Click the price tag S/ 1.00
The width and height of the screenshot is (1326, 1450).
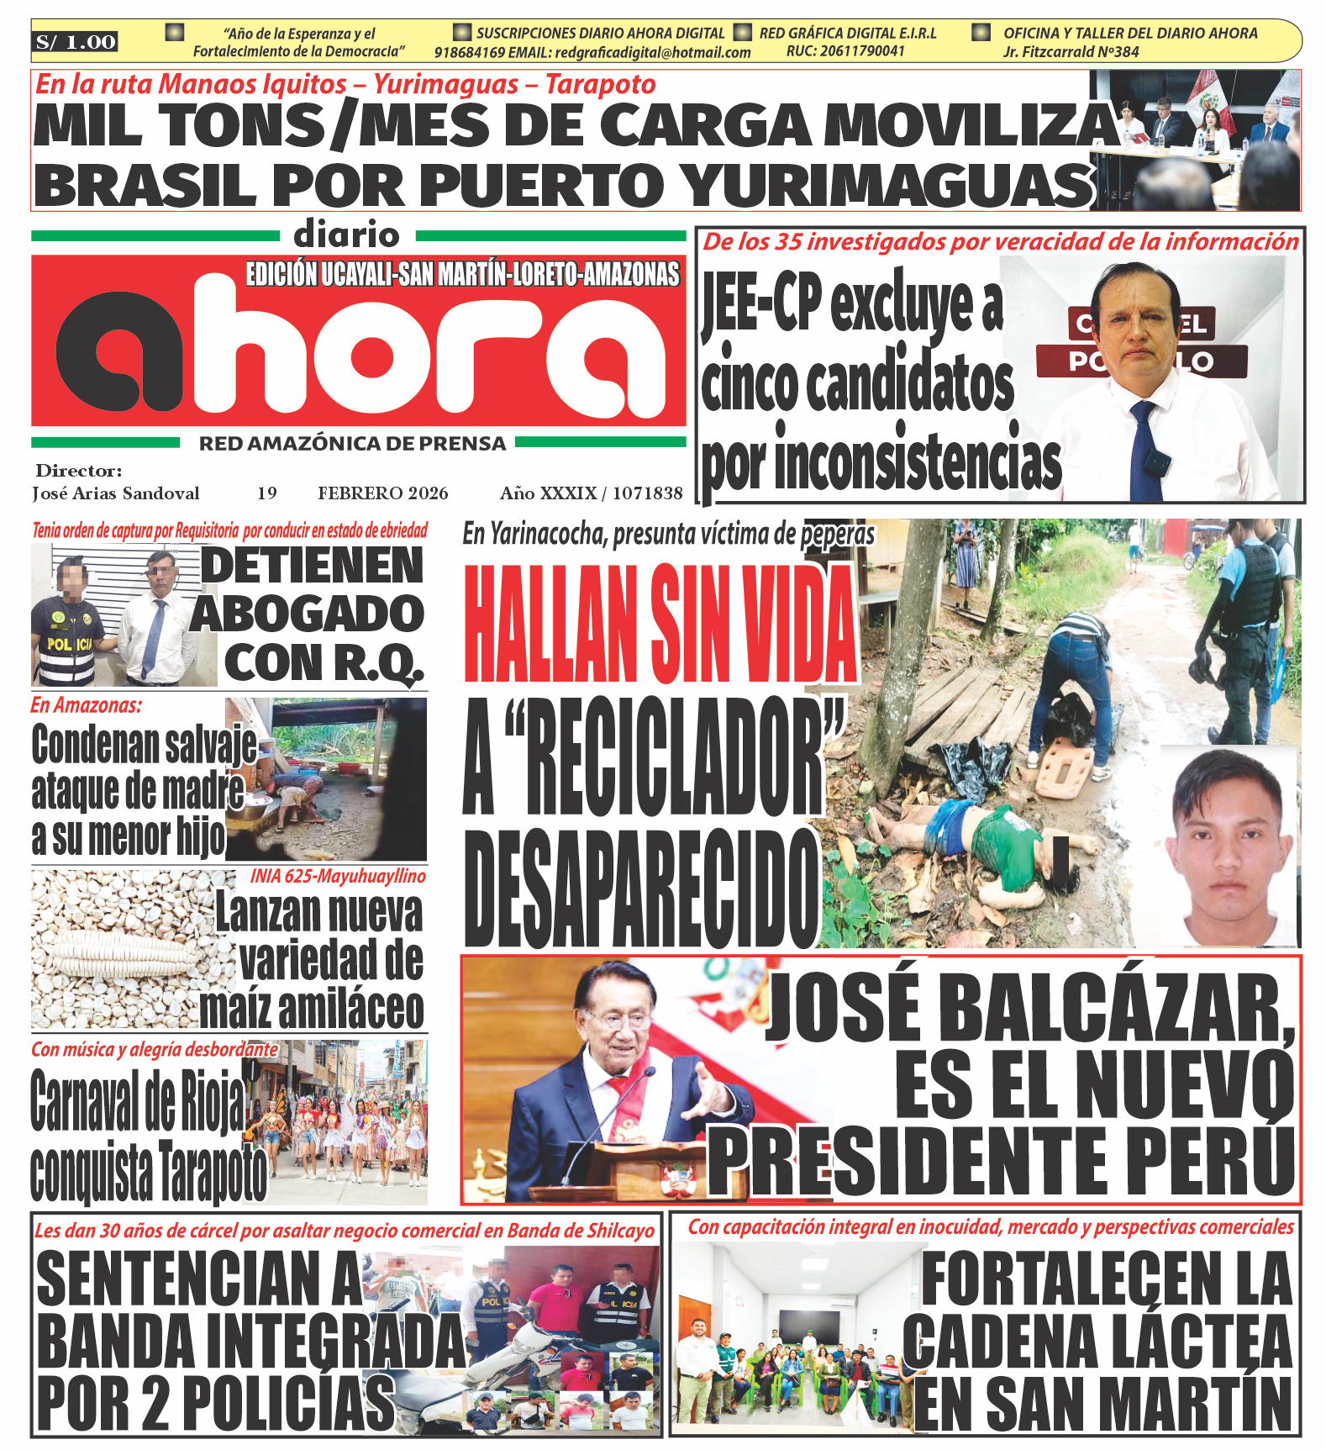click(x=76, y=42)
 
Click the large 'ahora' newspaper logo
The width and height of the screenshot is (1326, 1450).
click(x=360, y=351)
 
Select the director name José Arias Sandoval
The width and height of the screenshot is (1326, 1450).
click(x=116, y=493)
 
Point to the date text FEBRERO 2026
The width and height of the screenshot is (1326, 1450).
click(x=382, y=493)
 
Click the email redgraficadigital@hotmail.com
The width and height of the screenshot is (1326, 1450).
click(x=653, y=52)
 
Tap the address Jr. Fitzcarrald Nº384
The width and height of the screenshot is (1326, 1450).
click(x=1071, y=52)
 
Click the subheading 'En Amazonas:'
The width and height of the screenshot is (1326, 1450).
click(x=86, y=705)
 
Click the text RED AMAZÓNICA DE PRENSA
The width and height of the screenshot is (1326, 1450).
click(x=352, y=444)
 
